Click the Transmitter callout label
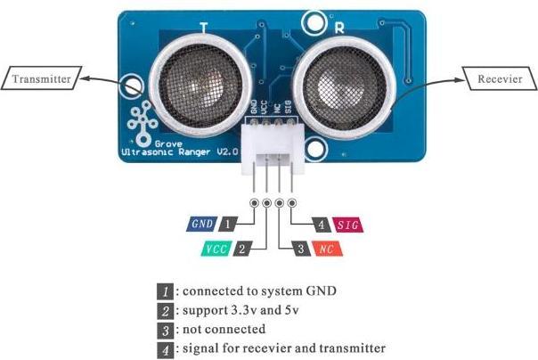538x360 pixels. click(42, 78)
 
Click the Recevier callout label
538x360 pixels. click(500, 78)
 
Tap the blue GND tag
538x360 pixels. click(201, 224)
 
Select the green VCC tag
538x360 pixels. click(216, 249)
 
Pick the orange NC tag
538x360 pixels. click(327, 249)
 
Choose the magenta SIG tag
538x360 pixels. click(348, 225)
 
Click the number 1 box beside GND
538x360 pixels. click(227, 224)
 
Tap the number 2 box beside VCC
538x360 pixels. click(242, 249)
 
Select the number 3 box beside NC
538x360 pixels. click(301, 249)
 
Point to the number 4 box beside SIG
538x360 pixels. click(322, 225)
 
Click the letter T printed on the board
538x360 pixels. click(204, 29)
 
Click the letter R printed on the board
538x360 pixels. click(339, 29)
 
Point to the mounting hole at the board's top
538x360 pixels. click(314, 22)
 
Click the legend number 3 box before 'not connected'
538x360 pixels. click(166, 330)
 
